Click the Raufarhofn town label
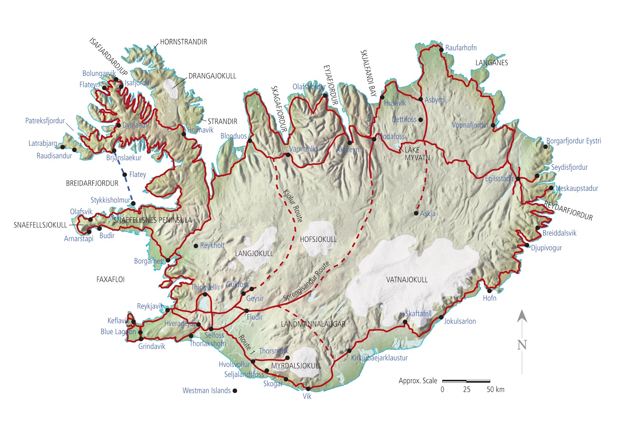461,48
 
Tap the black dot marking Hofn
489,290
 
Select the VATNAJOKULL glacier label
407,280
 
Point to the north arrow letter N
522,345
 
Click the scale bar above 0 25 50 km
466,381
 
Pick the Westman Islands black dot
235,391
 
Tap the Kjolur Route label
292,205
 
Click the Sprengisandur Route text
306,281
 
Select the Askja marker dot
416,213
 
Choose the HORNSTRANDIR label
183,42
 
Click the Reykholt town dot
196,246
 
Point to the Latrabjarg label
42,143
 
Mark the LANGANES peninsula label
491,63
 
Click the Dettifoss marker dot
420,120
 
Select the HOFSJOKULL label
318,239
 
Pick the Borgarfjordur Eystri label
574,141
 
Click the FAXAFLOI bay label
110,280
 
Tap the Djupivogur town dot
527,245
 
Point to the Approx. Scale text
418,381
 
